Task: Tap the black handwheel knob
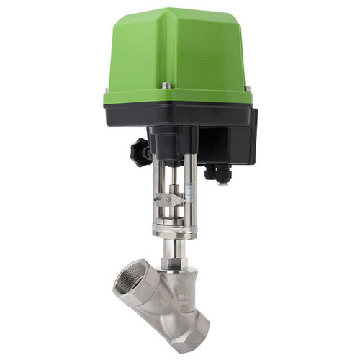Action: click(x=140, y=151)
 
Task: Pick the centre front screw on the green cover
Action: click(x=166, y=86)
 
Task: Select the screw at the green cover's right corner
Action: click(x=248, y=89)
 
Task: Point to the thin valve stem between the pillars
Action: click(x=172, y=180)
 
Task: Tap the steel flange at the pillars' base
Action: click(x=172, y=229)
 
